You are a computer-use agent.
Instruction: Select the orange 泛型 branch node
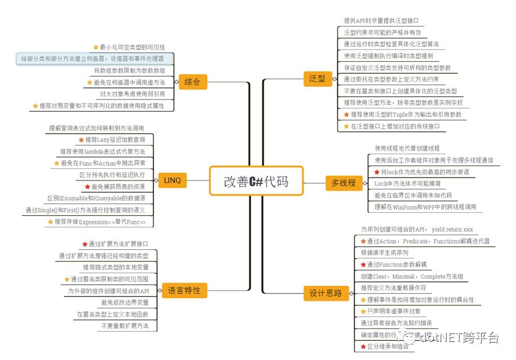point(317,79)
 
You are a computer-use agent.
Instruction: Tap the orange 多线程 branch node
point(343,182)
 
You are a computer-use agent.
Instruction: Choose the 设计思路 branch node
point(326,292)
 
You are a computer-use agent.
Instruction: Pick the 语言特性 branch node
point(184,290)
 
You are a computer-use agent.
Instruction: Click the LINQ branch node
point(172,181)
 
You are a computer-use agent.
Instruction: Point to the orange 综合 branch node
point(192,82)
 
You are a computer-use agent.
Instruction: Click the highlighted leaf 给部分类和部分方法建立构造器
point(93,58)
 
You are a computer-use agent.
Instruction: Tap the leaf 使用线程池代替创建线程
point(407,148)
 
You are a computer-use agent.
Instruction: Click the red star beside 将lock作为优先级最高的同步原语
point(377,172)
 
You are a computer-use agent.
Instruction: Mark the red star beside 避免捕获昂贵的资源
point(87,186)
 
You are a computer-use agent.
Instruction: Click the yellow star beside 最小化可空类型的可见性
point(96,47)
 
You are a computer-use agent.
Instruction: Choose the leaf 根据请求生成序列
point(385,253)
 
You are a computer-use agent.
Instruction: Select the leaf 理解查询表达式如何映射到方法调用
point(96,128)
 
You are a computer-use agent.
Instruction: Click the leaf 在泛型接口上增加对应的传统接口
point(395,127)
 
